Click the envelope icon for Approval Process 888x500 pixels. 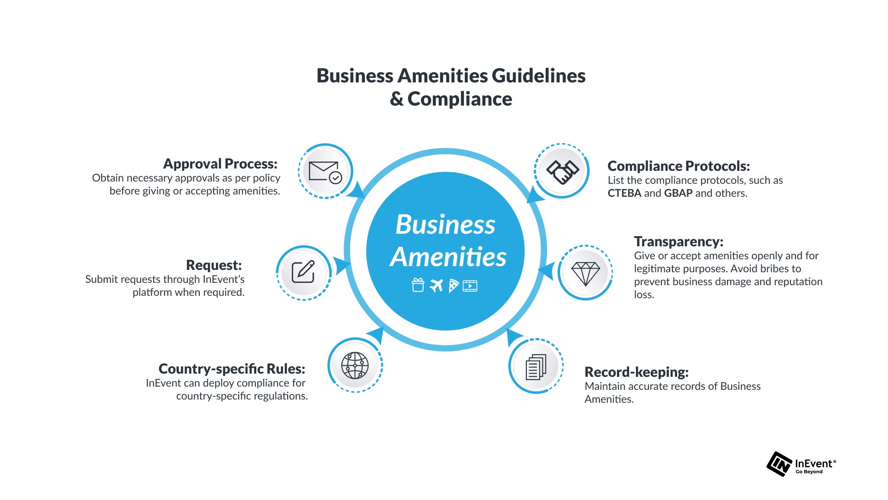[x=325, y=171]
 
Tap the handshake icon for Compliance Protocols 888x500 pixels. [x=562, y=171]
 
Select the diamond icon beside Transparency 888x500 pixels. [x=586, y=273]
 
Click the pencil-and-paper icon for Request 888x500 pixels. [x=303, y=272]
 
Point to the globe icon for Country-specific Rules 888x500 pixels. [x=355, y=365]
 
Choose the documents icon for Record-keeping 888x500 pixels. [x=536, y=366]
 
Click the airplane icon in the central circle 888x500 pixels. [x=436, y=286]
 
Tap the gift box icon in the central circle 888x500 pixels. [x=418, y=285]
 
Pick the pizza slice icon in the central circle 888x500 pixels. [x=453, y=286]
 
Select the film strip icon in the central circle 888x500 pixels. [x=470, y=286]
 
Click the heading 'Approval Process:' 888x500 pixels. [x=220, y=164]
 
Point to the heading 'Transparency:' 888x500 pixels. [x=678, y=242]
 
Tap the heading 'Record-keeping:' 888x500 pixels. [x=636, y=372]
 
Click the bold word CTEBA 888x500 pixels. [x=624, y=194]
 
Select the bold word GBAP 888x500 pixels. [x=678, y=194]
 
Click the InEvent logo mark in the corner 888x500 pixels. [x=779, y=464]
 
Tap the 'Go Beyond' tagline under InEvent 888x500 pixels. [x=809, y=472]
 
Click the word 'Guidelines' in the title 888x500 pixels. [x=538, y=76]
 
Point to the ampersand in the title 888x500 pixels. [x=396, y=99]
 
